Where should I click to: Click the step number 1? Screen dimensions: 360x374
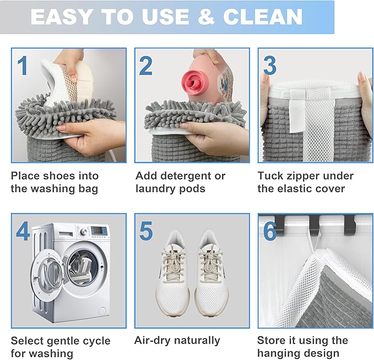[22, 66]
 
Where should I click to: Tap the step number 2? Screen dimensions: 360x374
[146, 66]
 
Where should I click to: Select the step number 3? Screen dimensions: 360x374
[269, 66]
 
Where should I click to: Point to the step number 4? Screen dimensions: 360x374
[23, 231]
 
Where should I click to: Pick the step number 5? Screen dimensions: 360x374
[146, 231]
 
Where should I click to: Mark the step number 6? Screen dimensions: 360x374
[269, 231]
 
